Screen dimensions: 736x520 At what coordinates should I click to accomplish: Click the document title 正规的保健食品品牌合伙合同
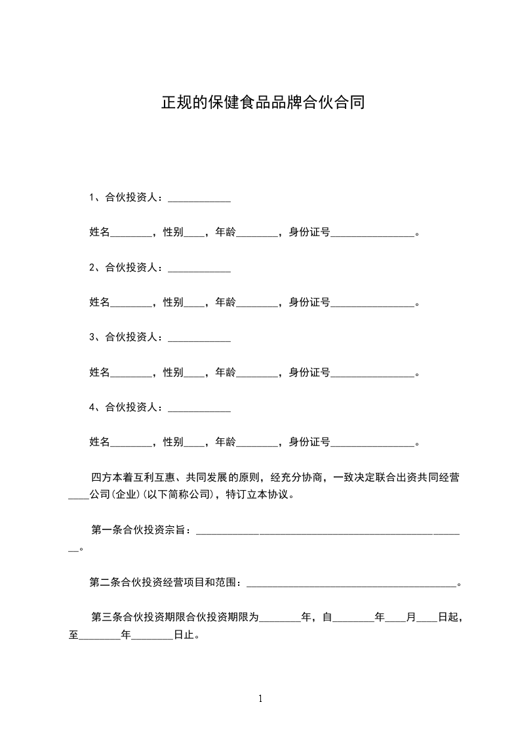tap(262, 103)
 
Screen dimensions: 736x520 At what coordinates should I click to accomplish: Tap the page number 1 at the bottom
tap(260, 699)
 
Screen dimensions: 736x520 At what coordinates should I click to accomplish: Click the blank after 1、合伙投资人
tap(199, 199)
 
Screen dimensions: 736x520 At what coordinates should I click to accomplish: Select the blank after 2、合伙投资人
tap(199, 268)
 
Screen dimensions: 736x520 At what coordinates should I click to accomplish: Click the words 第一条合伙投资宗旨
tap(140, 530)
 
